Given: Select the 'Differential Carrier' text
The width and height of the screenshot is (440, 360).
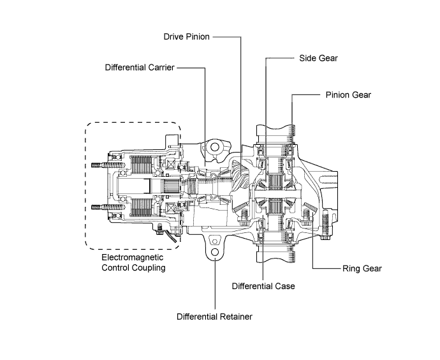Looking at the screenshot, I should click(140, 66).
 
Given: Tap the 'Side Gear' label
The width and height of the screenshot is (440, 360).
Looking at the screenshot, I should click(318, 57).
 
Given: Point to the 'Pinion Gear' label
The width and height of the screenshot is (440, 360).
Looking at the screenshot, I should click(348, 94).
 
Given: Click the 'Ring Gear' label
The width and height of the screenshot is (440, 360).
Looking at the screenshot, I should click(362, 268).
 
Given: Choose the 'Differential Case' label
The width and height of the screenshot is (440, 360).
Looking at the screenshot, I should click(263, 286).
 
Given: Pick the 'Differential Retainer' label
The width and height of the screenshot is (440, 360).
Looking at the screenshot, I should click(215, 316).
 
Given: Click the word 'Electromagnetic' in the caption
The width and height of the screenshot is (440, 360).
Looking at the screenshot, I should click(133, 258).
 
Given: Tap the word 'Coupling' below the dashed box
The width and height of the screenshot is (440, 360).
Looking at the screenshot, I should click(148, 268).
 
